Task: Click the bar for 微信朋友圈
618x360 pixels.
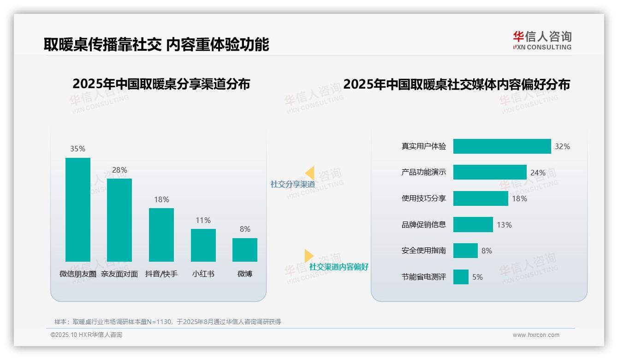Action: coord(78,210)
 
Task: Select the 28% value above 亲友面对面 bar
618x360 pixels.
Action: coord(119,170)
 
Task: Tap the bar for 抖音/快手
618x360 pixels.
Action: coord(161,234)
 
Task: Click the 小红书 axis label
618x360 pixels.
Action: coord(203,274)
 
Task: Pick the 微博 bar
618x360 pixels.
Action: coord(245,250)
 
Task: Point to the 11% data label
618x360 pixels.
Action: coord(203,220)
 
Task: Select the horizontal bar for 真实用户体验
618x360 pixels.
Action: coord(502,146)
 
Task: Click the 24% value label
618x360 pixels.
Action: coord(538,173)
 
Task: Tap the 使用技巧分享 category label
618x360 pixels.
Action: coord(424,198)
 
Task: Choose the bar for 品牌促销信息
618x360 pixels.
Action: coord(473,225)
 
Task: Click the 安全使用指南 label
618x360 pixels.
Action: coord(424,251)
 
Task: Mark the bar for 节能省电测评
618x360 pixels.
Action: coord(461,277)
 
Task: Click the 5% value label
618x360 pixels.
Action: coord(477,277)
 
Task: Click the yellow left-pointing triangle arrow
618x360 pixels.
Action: coord(309,173)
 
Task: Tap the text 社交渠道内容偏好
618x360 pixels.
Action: coord(339,267)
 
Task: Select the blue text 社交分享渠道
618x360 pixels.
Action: coord(292,184)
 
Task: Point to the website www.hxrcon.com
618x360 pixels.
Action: coord(535,335)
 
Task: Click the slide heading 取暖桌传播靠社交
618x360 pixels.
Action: coord(102,45)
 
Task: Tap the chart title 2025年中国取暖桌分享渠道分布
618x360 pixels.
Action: coord(161,84)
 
